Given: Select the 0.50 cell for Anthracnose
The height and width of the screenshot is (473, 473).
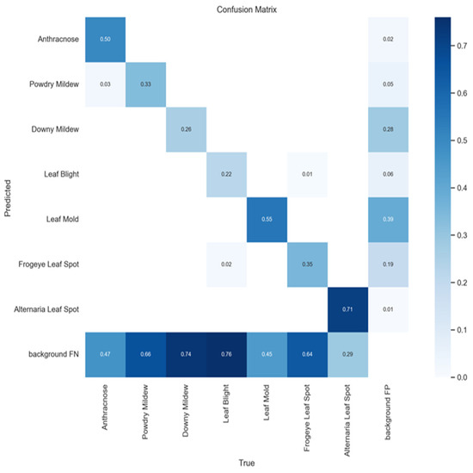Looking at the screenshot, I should [104, 40].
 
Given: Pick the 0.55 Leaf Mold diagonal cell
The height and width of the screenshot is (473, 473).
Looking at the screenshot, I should [268, 219].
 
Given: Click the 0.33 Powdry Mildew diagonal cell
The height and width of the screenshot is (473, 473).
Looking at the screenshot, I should [145, 84].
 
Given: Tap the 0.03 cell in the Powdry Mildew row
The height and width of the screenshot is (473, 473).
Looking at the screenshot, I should [104, 84].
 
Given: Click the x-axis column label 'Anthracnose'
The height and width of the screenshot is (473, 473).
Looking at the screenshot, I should [105, 406].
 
